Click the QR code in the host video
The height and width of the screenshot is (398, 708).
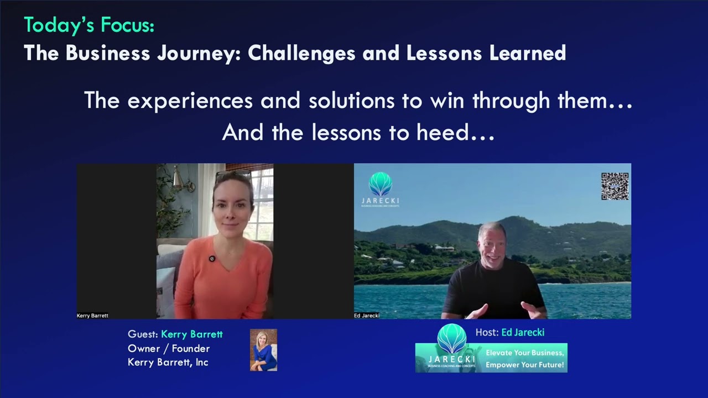pos(615,186)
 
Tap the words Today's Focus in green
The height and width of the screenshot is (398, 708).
pos(88,25)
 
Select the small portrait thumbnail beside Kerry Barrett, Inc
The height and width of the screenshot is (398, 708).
pos(263,350)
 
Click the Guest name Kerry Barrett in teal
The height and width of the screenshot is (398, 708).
pos(191,334)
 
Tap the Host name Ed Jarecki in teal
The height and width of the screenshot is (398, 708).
pos(523,332)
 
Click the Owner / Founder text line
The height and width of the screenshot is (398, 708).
pos(169,348)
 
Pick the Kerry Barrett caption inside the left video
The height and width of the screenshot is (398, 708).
pos(92,316)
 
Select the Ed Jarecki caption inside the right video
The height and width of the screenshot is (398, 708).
pos(367,316)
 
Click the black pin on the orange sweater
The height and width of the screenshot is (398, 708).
pos(212,259)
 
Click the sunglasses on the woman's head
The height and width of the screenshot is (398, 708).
pos(232,176)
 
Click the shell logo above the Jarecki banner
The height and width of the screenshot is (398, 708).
pos(451,338)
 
